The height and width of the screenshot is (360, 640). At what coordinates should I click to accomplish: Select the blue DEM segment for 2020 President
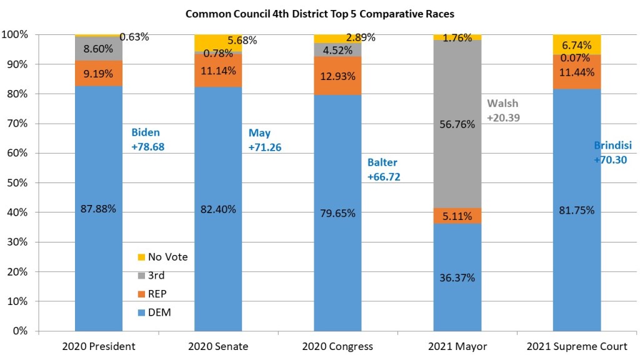pyautogui.click(x=99, y=250)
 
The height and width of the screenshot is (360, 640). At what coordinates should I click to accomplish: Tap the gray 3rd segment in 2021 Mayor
pyautogui.click(x=457, y=156)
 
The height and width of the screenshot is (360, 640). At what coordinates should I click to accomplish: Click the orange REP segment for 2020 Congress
pyautogui.click(x=337, y=76)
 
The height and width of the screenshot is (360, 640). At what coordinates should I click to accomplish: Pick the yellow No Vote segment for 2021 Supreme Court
pyautogui.click(x=577, y=44)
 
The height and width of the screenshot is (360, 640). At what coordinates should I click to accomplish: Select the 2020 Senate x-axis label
pyautogui.click(x=218, y=346)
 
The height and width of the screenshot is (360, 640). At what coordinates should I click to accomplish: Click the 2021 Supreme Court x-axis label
pyautogui.click(x=576, y=346)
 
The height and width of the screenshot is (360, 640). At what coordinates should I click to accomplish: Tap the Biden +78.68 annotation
pyautogui.click(x=147, y=139)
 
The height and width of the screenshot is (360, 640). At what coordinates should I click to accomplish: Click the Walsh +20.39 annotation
pyautogui.click(x=504, y=110)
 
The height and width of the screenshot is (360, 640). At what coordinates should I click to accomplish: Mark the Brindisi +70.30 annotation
pyautogui.click(x=612, y=152)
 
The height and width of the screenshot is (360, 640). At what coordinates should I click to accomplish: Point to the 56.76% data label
pyautogui.click(x=457, y=124)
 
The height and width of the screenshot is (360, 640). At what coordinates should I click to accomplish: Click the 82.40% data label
pyautogui.click(x=218, y=209)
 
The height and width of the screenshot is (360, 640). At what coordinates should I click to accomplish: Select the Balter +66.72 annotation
pyautogui.click(x=383, y=169)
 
